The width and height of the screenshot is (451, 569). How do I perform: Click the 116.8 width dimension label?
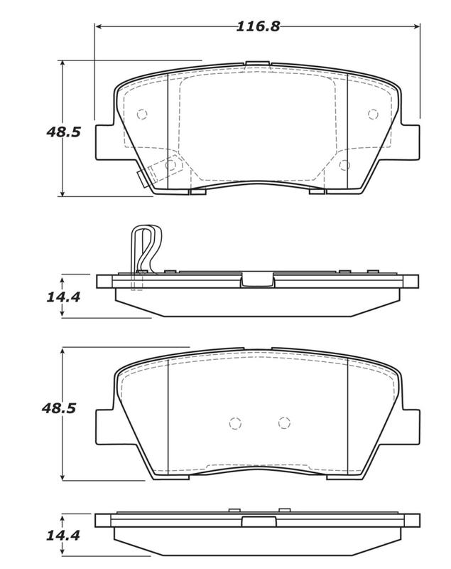point(258,26)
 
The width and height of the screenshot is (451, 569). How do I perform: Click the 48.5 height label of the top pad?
point(63,132)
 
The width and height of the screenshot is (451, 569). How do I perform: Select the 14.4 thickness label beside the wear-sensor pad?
point(63,297)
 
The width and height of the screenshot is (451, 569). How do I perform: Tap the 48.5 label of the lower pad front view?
point(59,408)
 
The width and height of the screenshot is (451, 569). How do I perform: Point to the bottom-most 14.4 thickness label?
point(63,536)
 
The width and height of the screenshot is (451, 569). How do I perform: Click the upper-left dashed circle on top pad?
point(142,115)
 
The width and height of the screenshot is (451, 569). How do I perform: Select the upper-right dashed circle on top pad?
point(373,115)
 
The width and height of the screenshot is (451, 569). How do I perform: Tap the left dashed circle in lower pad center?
point(235,422)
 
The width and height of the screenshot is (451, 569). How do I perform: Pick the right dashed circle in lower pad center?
point(284,422)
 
